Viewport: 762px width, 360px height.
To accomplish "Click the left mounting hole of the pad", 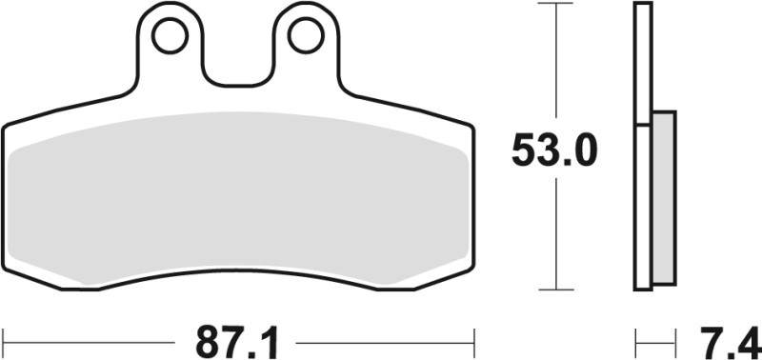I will click(x=170, y=36).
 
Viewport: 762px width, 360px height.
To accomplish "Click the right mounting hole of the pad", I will click(x=305, y=36).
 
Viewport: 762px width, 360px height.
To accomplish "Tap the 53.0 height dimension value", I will click(x=553, y=151).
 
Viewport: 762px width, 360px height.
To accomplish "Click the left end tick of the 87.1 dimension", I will click(x=4, y=338).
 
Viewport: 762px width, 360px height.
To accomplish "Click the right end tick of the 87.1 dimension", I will click(x=473, y=338).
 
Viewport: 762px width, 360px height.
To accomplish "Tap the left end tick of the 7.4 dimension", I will click(x=636, y=338).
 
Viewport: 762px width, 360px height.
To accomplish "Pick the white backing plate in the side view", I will click(x=643, y=143).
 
